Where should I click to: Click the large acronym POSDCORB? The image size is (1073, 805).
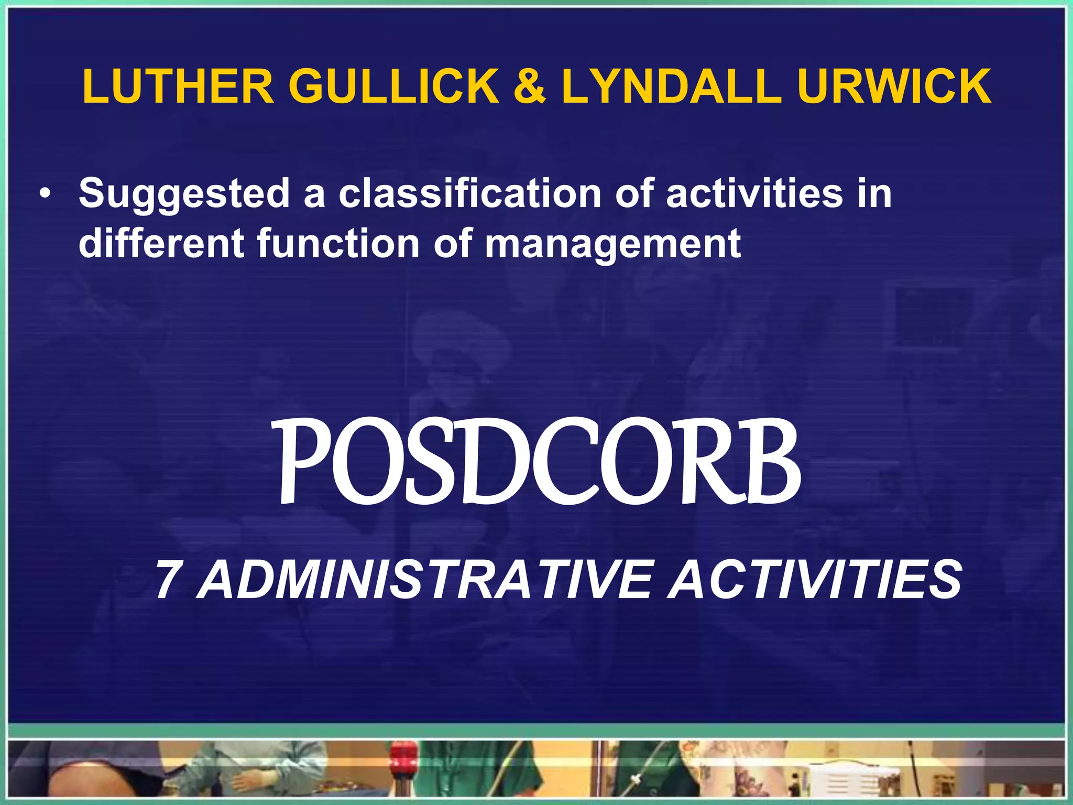539,461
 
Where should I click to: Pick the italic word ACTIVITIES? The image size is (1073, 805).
814,580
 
